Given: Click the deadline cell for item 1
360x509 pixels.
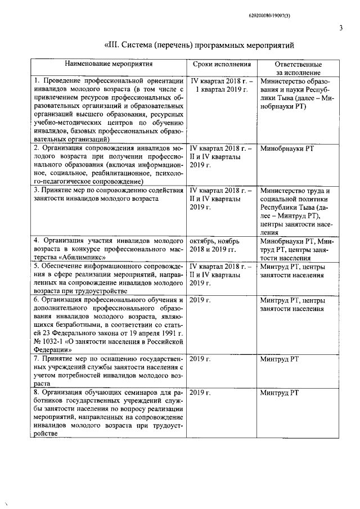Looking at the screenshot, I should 221,85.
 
